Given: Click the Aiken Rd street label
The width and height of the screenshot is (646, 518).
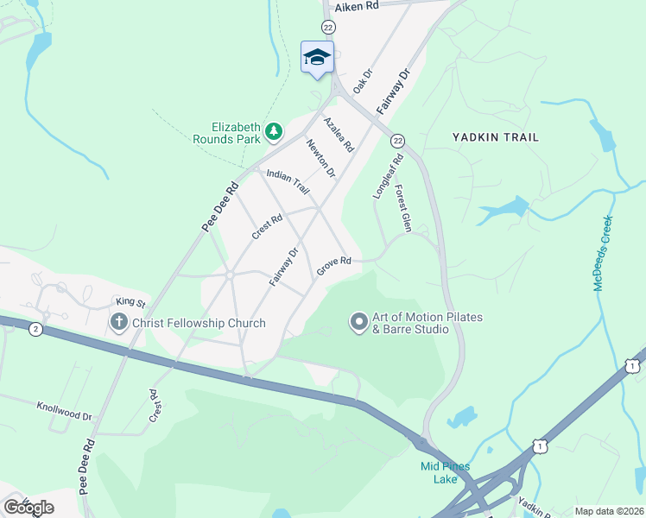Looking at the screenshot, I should click(357, 6).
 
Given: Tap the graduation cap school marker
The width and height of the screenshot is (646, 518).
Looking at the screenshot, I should click(317, 57).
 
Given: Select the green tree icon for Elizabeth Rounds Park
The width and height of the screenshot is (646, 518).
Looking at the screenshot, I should click(274, 131).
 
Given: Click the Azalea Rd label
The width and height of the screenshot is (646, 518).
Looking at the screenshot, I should click(339, 135).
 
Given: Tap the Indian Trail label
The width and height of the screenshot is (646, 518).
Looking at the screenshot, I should click(288, 180).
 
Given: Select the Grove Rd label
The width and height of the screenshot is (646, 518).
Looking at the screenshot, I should click(333, 265).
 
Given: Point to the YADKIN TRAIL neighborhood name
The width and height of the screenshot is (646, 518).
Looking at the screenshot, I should click(496, 137).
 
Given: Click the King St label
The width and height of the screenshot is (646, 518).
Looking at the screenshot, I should click(131, 302).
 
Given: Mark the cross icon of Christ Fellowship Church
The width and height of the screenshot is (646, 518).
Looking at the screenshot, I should click(119, 324).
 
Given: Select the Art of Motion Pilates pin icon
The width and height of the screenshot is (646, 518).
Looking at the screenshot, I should click(358, 323).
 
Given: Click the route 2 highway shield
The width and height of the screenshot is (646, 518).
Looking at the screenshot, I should click(35, 329).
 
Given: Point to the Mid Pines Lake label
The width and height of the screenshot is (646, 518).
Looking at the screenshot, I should click(446, 472).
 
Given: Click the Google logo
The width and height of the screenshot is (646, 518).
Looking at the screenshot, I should click(28, 508).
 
